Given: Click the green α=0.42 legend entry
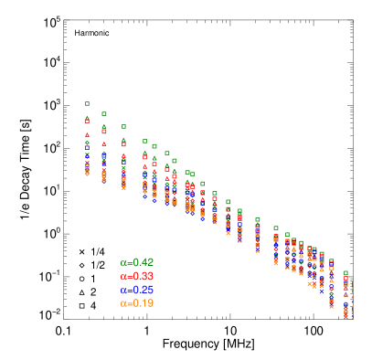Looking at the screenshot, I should (137, 262).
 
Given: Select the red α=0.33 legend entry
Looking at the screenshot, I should (137, 276).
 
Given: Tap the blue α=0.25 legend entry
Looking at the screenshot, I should (137, 290).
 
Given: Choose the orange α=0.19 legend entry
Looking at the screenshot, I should (137, 303).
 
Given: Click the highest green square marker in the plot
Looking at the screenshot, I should (88, 103).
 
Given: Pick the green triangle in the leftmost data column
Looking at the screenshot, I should (88, 117).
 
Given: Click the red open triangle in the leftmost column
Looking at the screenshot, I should (88, 135).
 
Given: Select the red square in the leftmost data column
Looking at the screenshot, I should (88, 122).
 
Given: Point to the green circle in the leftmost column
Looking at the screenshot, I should (88, 143).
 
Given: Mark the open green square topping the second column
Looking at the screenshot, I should (104, 114).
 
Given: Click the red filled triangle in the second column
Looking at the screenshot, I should (104, 143).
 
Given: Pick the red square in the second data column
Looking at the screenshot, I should (104, 132).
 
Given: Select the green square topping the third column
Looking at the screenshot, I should (123, 126).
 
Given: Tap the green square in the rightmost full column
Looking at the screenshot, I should (345, 272).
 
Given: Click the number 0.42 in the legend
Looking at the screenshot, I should (143, 262).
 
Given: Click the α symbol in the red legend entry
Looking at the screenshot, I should (122, 276).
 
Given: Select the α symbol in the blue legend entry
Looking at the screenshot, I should (122, 290).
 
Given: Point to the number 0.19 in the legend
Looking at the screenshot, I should (143, 303).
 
